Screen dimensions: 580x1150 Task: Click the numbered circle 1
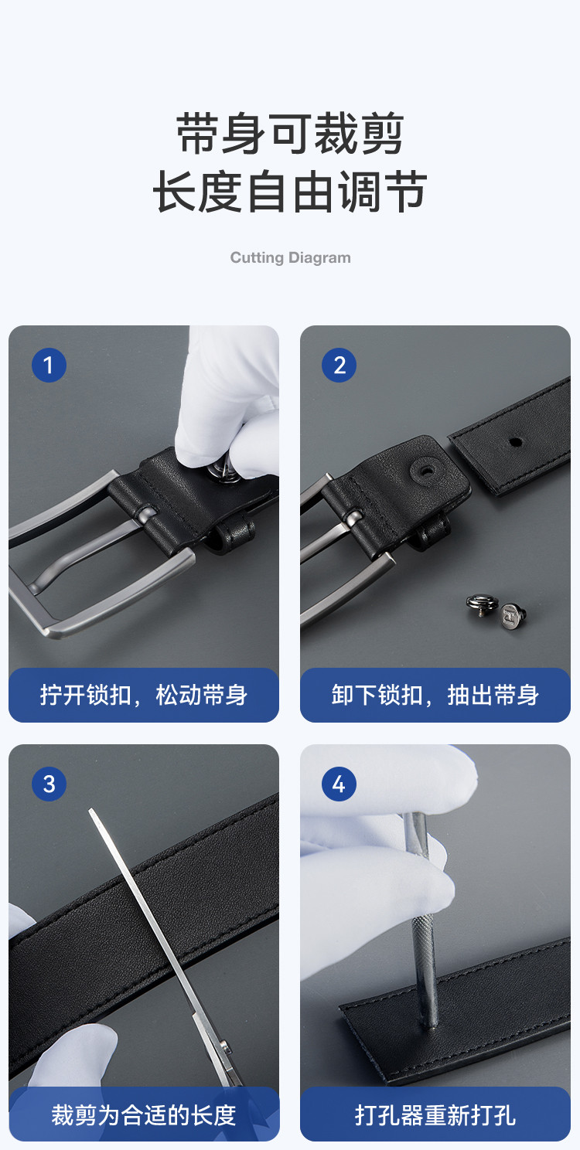pos(49,365)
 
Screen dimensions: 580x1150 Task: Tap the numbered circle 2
pos(339,365)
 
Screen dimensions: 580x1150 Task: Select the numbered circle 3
pos(49,784)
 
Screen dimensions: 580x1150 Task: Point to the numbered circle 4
pos(339,784)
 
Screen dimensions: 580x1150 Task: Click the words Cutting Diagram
pos(290,257)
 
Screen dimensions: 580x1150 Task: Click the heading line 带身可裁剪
pos(290,134)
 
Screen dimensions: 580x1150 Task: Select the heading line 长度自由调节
pos(290,192)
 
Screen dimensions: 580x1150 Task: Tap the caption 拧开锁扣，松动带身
pos(144,695)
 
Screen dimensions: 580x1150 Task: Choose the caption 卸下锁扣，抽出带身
pos(435,695)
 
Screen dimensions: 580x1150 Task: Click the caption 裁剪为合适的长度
pos(144,1115)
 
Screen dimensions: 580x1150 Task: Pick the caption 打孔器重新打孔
pos(435,1115)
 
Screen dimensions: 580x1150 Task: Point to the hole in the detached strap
pos(515,441)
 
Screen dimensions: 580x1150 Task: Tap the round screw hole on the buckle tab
pos(426,470)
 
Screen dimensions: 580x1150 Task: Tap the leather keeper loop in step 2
pos(431,532)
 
